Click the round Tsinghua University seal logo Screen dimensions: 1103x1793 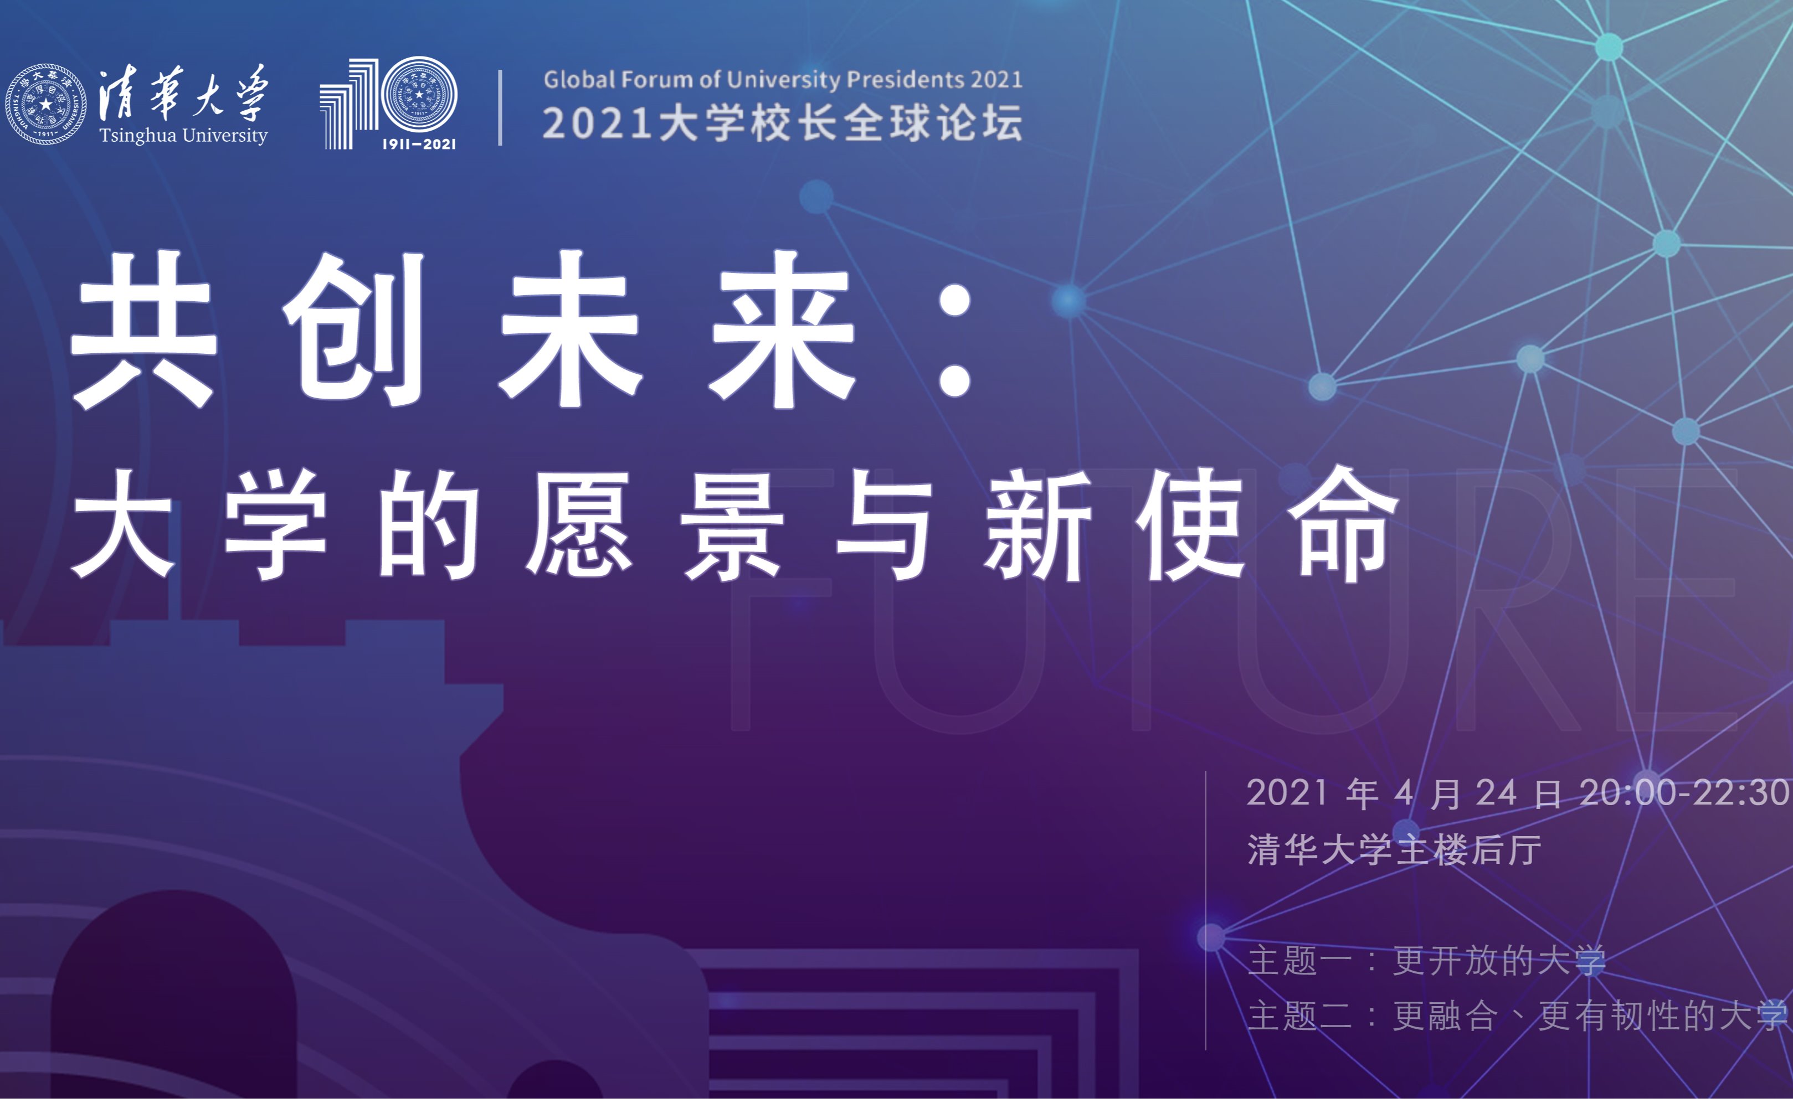point(45,104)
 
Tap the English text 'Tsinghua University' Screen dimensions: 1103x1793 point(183,136)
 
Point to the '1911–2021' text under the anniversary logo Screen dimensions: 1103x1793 point(419,145)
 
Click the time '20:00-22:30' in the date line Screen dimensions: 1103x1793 point(1685,793)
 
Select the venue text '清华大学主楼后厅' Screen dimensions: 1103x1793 point(1394,850)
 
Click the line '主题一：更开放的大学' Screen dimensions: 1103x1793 point(1427,960)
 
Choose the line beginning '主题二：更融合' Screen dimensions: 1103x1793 point(1518,1016)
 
